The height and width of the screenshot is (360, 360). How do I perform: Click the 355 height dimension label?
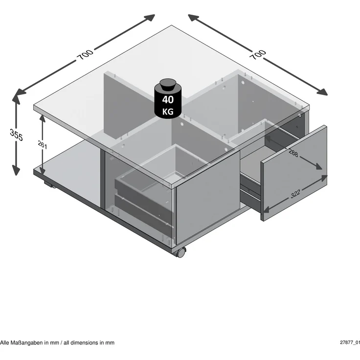tap(16, 135)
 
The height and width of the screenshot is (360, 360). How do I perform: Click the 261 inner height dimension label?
tap(43, 145)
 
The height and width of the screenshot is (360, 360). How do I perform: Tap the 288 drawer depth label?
tap(293, 153)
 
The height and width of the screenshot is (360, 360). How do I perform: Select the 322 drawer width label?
tap(295, 194)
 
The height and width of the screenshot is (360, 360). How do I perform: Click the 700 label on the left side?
tap(85, 54)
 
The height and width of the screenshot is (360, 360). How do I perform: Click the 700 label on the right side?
tap(258, 55)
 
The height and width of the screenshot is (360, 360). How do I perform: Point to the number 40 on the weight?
tap(168, 100)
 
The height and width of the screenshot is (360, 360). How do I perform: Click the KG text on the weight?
tap(168, 112)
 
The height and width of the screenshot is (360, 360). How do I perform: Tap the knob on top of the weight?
tap(168, 85)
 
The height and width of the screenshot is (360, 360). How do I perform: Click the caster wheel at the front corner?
tap(180, 252)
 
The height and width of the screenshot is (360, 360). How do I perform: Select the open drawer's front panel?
tap(293, 173)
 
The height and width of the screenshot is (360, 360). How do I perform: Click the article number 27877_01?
tap(350, 342)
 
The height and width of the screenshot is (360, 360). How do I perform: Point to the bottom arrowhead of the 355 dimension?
tap(16, 170)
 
